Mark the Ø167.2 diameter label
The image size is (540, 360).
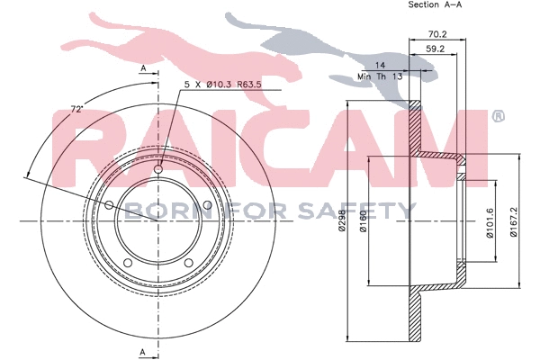514,219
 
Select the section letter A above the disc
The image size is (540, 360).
142,68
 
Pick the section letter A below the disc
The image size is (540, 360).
142,350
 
